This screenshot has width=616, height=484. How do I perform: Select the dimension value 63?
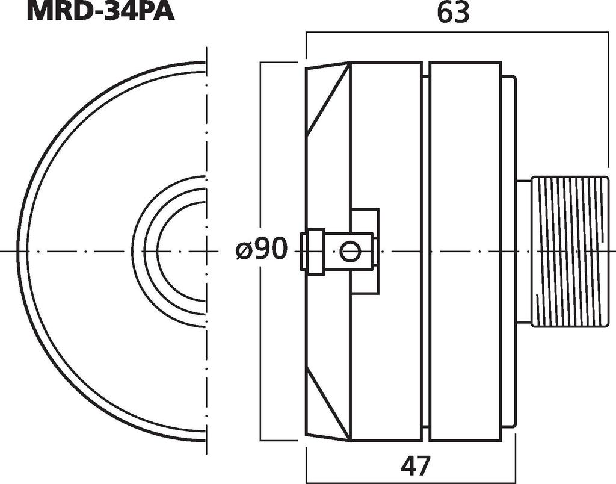click(x=453, y=13)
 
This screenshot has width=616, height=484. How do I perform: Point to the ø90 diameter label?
click(x=261, y=249)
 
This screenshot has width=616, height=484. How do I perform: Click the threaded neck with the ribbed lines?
click(x=570, y=251)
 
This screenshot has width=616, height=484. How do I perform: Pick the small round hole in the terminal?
click(x=350, y=250)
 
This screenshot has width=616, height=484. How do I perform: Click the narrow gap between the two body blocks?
click(x=425, y=181)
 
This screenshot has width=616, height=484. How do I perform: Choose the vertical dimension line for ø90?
click(x=260, y=150)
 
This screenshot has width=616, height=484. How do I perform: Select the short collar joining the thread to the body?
click(x=523, y=251)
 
